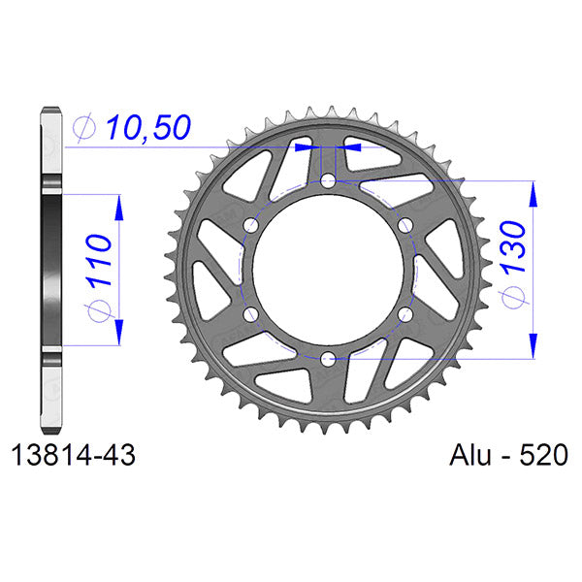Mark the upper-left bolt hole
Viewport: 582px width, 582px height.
coord(251,226)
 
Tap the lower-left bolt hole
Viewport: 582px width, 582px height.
coord(251,314)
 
